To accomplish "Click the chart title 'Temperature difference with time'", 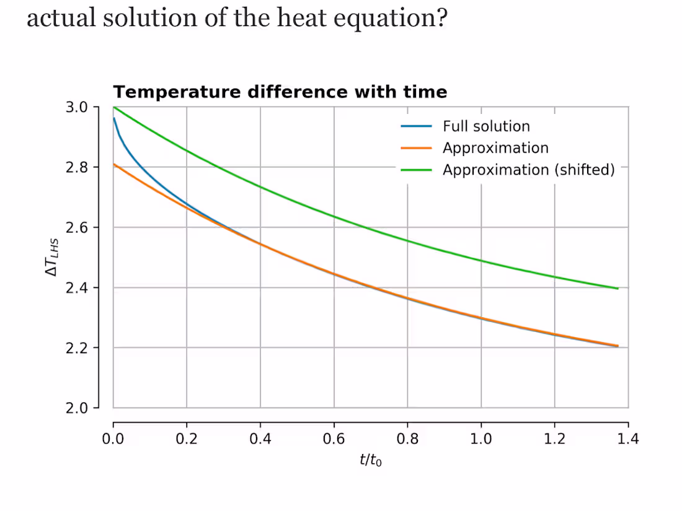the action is pyautogui.click(x=280, y=92).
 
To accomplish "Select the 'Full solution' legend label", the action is pyautogui.click(x=486, y=126).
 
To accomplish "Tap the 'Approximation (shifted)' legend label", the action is pyautogui.click(x=528, y=170).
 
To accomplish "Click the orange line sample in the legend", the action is pyautogui.click(x=416, y=148).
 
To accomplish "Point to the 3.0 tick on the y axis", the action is pyautogui.click(x=77, y=107).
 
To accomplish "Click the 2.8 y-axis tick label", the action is pyautogui.click(x=77, y=167).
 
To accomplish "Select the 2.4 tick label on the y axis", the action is pyautogui.click(x=77, y=287).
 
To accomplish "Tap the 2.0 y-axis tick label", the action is pyautogui.click(x=77, y=408).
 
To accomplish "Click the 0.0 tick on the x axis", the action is pyautogui.click(x=113, y=439).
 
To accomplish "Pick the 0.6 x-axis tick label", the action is pyautogui.click(x=334, y=439).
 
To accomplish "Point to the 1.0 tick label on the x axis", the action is pyautogui.click(x=481, y=439).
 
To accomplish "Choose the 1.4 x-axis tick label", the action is pyautogui.click(x=628, y=439).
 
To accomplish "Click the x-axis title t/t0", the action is pyautogui.click(x=371, y=460).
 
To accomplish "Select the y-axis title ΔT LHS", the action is pyautogui.click(x=51, y=257).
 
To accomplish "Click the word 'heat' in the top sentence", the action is pyautogui.click(x=301, y=18).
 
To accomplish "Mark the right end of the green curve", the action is pyautogui.click(x=618, y=289).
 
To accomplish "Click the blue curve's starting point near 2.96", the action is pyautogui.click(x=114, y=118).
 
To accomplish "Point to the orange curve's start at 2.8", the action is pyautogui.click(x=113, y=164).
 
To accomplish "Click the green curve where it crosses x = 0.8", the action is pyautogui.click(x=407, y=241).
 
